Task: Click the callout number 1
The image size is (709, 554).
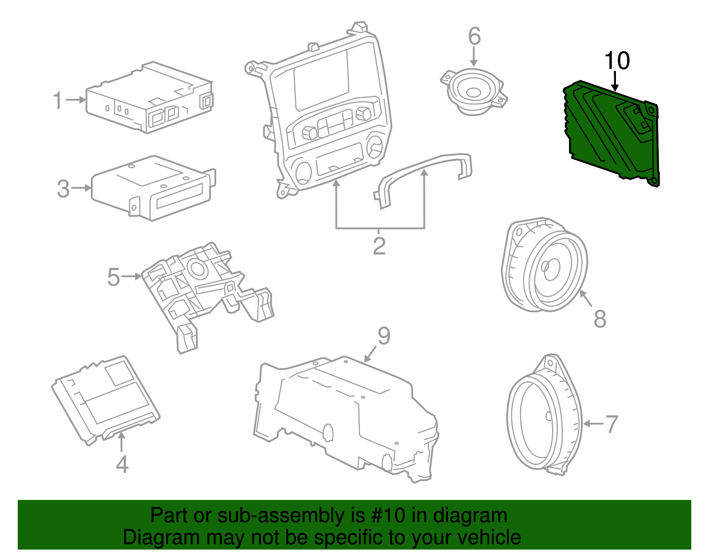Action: (x=58, y=101)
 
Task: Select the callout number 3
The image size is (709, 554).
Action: (x=63, y=189)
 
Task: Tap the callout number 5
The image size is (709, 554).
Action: (x=114, y=277)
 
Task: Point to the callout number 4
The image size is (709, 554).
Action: (x=122, y=464)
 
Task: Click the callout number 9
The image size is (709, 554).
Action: (x=384, y=336)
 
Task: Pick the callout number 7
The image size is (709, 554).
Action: (x=612, y=424)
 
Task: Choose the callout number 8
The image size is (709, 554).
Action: (x=600, y=318)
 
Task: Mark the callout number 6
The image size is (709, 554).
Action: (x=474, y=36)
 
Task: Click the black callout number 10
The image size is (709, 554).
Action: (x=617, y=61)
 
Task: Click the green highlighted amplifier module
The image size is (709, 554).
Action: (x=612, y=133)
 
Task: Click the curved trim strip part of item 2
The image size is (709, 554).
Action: (x=421, y=171)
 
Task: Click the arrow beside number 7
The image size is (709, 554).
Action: (x=592, y=424)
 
